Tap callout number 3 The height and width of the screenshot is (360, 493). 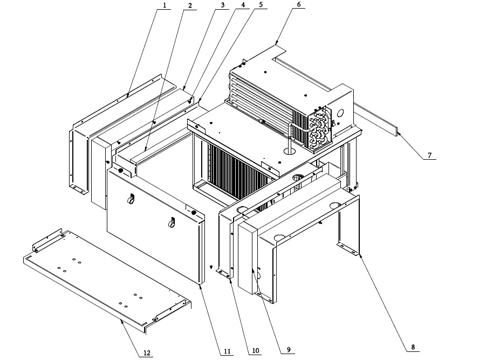222,5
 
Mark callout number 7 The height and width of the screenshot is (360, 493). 429,155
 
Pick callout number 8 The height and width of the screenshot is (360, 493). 413,347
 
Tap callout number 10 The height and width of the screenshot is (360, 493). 255,351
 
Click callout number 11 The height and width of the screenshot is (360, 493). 228,351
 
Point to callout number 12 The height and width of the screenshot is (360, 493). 146,354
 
